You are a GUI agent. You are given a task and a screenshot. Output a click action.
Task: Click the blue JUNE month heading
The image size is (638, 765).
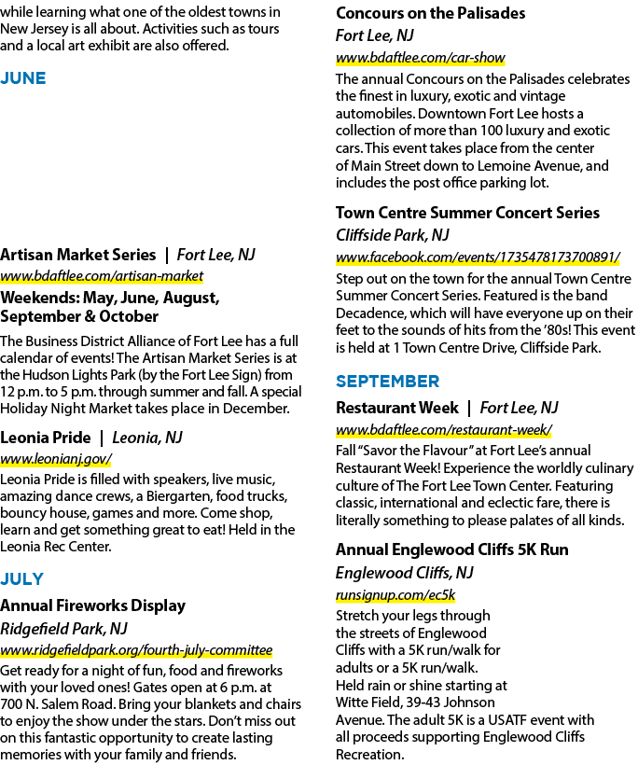23,78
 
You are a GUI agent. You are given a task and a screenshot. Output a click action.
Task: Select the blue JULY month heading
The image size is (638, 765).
22,579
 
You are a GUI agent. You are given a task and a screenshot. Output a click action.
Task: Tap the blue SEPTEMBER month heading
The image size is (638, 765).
387,382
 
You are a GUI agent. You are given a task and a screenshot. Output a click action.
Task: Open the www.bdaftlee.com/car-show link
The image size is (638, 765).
420,58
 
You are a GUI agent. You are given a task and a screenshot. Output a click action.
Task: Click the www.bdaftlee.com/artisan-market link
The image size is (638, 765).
102,276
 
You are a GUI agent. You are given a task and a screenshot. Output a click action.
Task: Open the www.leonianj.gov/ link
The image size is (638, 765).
56,459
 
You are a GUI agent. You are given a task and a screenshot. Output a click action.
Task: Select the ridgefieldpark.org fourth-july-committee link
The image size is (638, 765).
136,650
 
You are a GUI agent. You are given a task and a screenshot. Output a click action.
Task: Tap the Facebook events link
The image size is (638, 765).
478,257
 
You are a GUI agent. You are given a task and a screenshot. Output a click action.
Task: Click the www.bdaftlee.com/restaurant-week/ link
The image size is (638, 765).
444,430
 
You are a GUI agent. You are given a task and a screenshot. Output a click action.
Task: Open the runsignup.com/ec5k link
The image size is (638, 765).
395,595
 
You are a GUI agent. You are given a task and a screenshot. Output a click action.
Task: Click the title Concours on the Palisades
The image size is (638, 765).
430,13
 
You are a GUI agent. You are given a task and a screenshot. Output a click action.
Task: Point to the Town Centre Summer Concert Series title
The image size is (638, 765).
467,213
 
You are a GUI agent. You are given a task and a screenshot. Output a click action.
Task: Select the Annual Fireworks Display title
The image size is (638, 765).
92,605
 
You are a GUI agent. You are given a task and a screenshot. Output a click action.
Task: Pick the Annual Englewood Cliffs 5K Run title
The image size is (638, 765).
451,549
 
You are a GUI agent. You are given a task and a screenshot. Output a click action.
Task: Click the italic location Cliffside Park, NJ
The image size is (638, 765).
392,235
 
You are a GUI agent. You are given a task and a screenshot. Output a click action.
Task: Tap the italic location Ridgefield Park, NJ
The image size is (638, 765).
63,629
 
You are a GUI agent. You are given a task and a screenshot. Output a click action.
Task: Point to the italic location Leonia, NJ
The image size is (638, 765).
147,438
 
